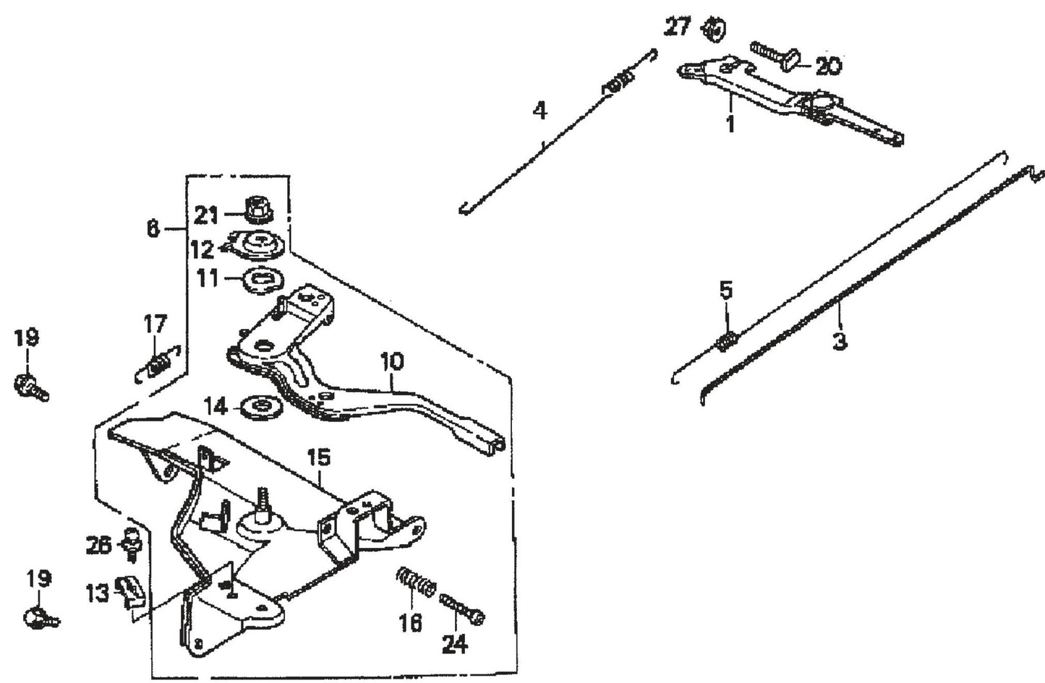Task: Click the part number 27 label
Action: [x=678, y=27]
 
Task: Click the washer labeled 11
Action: [x=259, y=278]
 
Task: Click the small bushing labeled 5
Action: [x=726, y=338]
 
